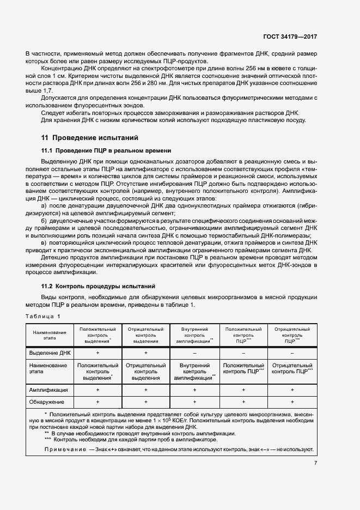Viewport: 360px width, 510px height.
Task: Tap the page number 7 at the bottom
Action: [x=315, y=463]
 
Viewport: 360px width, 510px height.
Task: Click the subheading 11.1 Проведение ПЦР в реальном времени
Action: [x=106, y=150]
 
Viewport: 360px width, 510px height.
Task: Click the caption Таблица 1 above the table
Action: [x=44, y=316]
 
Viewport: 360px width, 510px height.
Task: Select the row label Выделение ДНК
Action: [x=50, y=353]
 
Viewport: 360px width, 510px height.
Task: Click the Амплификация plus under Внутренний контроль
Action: [x=194, y=390]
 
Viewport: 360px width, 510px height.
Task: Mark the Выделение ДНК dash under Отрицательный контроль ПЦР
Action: [x=292, y=353]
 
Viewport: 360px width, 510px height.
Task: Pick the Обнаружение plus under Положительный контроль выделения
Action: [x=97, y=402]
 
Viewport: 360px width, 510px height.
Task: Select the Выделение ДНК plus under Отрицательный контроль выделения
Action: [x=146, y=353]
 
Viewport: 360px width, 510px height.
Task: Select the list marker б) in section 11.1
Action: [x=45, y=222]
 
